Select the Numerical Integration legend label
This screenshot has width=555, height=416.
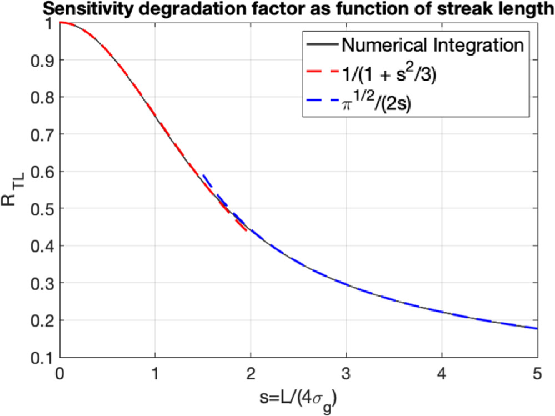[x=433, y=44]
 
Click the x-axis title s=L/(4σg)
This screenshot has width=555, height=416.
[x=297, y=399]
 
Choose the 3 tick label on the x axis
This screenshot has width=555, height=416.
[x=346, y=372]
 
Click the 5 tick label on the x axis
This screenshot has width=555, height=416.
[x=537, y=372]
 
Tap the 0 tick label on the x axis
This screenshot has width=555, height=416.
[x=59, y=372]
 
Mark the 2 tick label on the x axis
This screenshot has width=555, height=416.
[x=251, y=372]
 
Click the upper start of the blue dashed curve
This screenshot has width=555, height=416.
[x=203, y=176]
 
